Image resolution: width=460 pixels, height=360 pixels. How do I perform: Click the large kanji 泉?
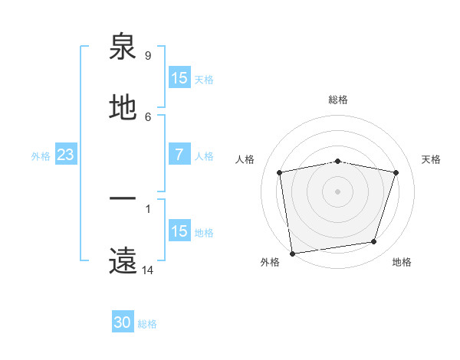tap(123, 47)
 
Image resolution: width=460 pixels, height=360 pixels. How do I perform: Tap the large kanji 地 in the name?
tap(123, 108)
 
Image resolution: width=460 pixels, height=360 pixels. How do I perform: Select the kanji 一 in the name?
tap(123, 200)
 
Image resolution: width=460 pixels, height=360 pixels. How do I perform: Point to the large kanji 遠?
tap(123, 261)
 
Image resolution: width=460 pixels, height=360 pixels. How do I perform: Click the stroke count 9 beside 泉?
tap(148, 56)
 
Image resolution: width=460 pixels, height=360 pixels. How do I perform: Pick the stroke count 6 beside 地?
tap(148, 116)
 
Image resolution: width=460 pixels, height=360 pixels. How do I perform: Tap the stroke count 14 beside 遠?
tap(148, 270)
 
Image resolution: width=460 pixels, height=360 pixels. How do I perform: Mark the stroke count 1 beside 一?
tap(148, 208)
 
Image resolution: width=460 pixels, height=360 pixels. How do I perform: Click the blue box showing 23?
tap(66, 155)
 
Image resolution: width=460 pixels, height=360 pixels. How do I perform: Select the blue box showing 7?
tap(179, 155)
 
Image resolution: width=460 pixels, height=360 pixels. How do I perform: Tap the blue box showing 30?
tap(123, 323)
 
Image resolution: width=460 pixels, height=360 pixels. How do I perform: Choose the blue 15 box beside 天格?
tap(179, 78)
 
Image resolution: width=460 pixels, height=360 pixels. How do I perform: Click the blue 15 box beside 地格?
tap(179, 231)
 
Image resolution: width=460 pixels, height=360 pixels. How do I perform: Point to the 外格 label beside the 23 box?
tap(41, 156)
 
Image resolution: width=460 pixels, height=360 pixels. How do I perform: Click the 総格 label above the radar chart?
tap(338, 100)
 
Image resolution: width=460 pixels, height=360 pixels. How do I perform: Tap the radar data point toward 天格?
tap(396, 172)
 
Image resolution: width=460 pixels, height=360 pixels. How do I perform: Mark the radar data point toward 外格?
tap(292, 253)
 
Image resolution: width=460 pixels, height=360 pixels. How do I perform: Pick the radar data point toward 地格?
tap(374, 242)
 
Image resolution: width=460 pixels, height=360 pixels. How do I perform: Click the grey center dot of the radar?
tap(338, 191)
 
